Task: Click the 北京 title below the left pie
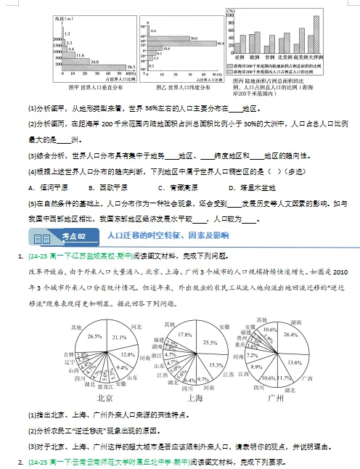tap(104, 398)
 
